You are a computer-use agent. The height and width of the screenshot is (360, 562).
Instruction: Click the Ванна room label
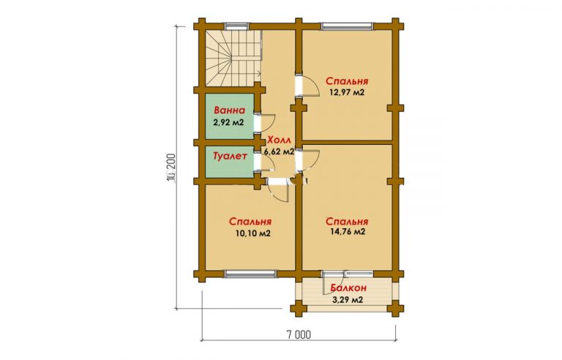pyautogui.click(x=229, y=110)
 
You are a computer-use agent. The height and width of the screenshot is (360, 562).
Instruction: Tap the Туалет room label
pyautogui.click(x=230, y=157)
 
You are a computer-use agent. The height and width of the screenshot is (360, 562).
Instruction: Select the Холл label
pyautogui.click(x=280, y=140)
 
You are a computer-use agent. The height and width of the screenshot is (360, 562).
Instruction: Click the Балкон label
pyautogui.click(x=348, y=288)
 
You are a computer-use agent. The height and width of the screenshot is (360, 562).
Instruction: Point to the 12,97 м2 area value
pyautogui.click(x=347, y=92)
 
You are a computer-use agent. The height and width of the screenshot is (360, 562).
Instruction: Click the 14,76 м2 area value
pyautogui.click(x=348, y=232)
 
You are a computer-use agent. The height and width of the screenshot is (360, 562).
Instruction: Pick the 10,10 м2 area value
pyautogui.click(x=252, y=233)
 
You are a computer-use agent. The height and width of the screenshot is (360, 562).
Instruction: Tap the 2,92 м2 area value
pyautogui.click(x=228, y=122)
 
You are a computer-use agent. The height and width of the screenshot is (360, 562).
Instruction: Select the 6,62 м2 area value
pyautogui.click(x=280, y=151)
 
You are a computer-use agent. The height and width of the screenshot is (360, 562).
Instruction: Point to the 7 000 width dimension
pyautogui.click(x=299, y=334)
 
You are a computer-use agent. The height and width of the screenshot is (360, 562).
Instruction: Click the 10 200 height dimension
pyautogui.click(x=171, y=167)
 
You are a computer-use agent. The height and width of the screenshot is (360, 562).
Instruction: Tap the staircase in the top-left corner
pyautogui.click(x=233, y=58)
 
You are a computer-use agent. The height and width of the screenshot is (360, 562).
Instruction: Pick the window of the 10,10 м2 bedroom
pyautogui.click(x=250, y=274)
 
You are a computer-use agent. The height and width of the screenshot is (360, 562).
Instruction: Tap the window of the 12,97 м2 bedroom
pyautogui.click(x=347, y=26)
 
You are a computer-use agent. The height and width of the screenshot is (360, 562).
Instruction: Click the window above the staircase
pyautogui.click(x=237, y=26)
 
